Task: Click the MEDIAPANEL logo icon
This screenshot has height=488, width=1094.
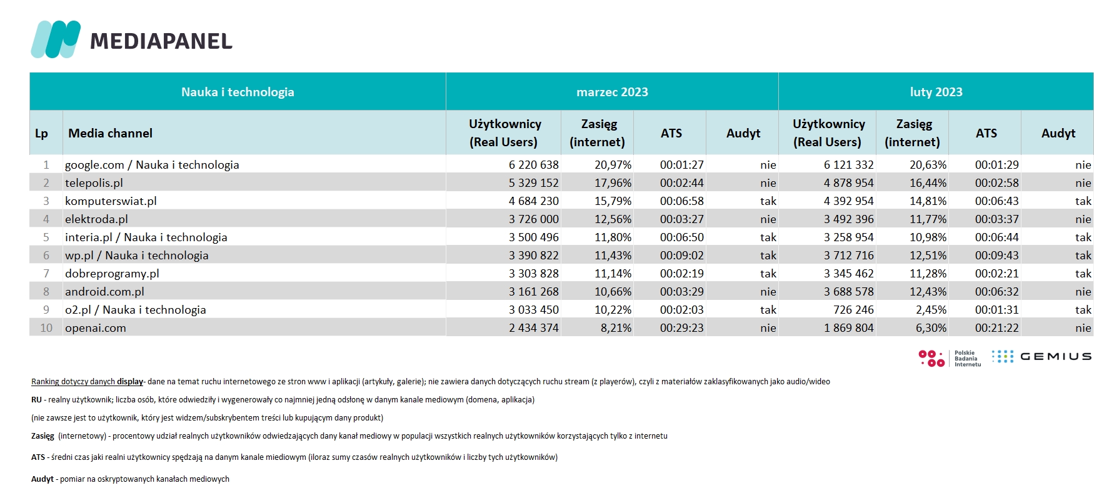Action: [x=56, y=39]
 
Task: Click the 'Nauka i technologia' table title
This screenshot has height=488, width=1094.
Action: [x=238, y=92]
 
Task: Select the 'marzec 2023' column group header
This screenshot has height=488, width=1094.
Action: [x=612, y=92]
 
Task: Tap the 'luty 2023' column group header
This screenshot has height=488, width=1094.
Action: [x=936, y=92]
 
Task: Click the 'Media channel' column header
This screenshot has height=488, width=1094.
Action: [x=110, y=133]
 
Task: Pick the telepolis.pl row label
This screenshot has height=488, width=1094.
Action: [x=94, y=183]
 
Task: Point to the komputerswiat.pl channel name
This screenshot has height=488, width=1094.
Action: [x=111, y=201]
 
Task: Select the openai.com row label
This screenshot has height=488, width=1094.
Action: [x=96, y=328]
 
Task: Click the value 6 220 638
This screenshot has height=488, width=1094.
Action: [x=533, y=165]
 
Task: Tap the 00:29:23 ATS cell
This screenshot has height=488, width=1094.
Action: [x=681, y=328]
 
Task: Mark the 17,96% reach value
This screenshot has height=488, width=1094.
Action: [x=613, y=183]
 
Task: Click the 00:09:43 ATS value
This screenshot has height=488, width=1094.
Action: [x=996, y=256]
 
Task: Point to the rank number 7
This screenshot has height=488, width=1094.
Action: [x=46, y=274]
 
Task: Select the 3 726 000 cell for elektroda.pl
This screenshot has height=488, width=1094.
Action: [x=533, y=219]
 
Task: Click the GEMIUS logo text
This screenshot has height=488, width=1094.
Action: [x=1056, y=356]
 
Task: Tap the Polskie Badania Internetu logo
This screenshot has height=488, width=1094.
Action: [x=950, y=358]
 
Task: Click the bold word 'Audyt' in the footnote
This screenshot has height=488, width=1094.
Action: [x=43, y=479]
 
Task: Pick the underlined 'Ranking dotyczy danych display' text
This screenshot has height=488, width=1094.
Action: [x=88, y=382]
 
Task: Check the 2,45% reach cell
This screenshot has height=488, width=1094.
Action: [x=931, y=310]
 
